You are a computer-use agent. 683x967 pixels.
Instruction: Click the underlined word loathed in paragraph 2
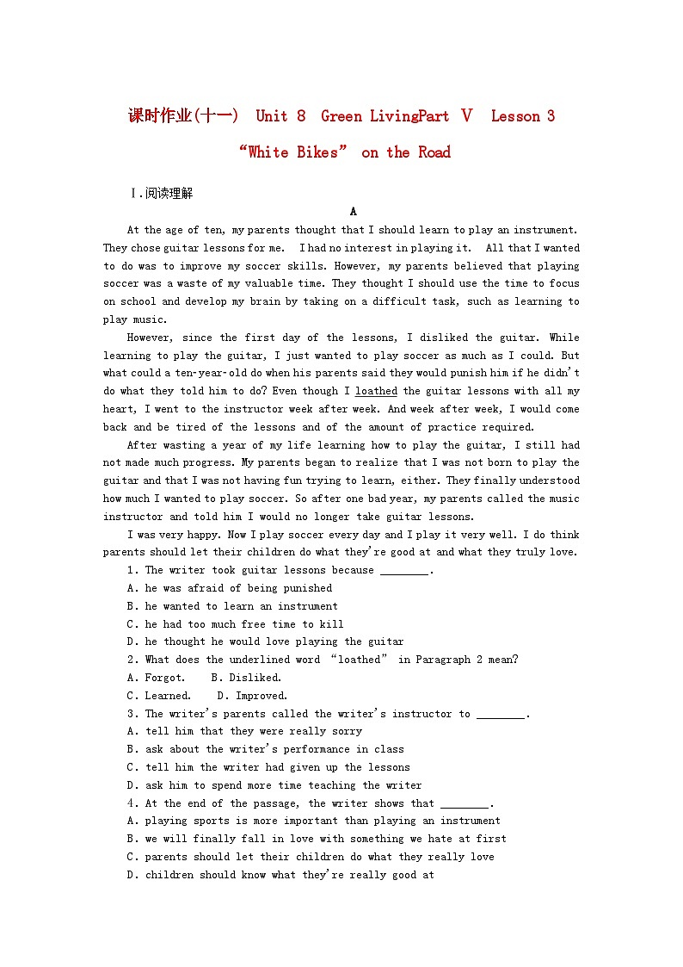pyautogui.click(x=376, y=391)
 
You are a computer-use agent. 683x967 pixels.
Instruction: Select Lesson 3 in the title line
pyautogui.click(x=522, y=116)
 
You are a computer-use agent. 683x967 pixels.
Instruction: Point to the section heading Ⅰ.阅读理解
pyautogui.click(x=161, y=193)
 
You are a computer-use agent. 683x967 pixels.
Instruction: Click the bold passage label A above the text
pyautogui.click(x=353, y=212)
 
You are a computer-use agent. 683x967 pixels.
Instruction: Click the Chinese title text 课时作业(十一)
pyautogui.click(x=183, y=116)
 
